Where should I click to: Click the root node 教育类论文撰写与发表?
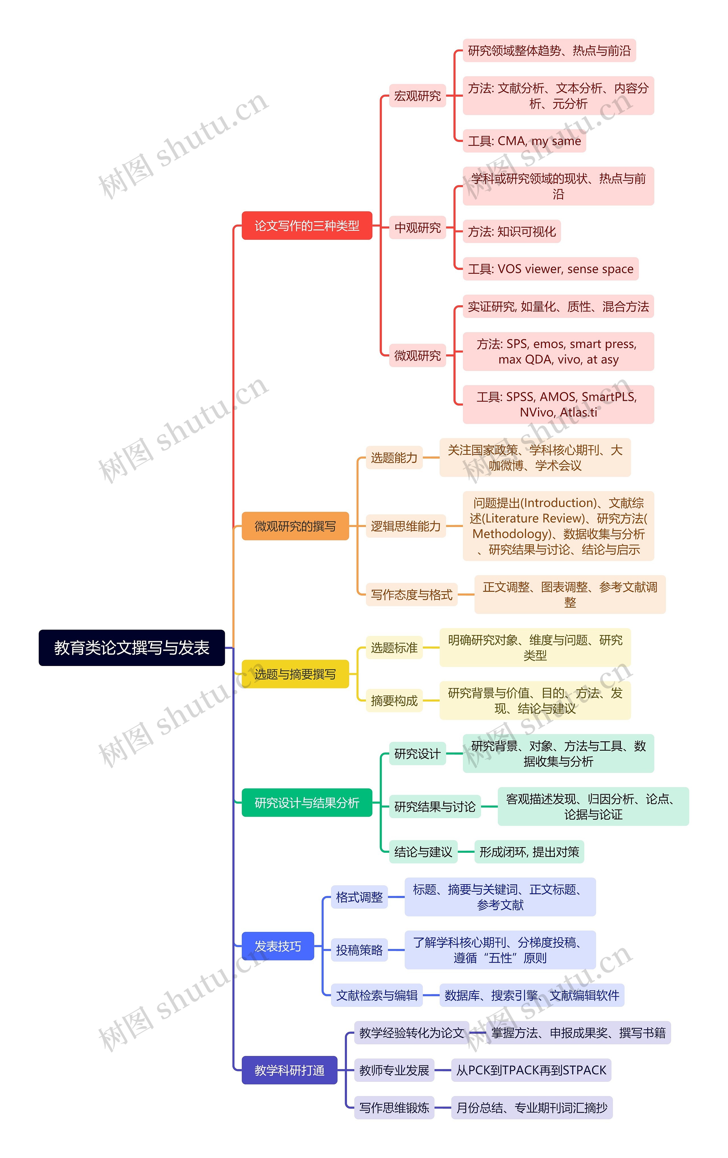pyautogui.click(x=131, y=647)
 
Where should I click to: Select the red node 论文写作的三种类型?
pyautogui.click(x=307, y=225)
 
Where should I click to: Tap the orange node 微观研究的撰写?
pyautogui.click(x=295, y=526)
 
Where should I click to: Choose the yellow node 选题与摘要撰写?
pyautogui.click(x=295, y=674)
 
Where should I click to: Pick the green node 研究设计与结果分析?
pyautogui.click(x=307, y=802)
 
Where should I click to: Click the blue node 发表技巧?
pyautogui.click(x=278, y=946)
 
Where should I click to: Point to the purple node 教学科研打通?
pyautogui.click(x=289, y=1070)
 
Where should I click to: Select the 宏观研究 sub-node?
pyautogui.click(x=417, y=96)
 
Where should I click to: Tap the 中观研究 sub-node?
pyautogui.click(x=417, y=227)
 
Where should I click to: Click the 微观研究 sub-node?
pyautogui.click(x=417, y=355)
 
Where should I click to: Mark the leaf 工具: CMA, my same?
pyautogui.click(x=524, y=141)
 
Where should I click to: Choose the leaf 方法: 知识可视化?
pyautogui.click(x=512, y=231)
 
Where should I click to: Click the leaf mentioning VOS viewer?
pyautogui.click(x=551, y=269)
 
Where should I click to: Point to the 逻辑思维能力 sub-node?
pyautogui.click(x=406, y=526)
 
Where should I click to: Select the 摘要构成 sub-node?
pyautogui.click(x=394, y=700)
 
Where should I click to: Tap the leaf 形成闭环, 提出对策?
pyautogui.click(x=529, y=852)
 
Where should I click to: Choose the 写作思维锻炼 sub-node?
pyautogui.click(x=394, y=1107)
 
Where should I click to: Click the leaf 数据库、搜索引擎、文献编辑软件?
pyautogui.click(x=532, y=995)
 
